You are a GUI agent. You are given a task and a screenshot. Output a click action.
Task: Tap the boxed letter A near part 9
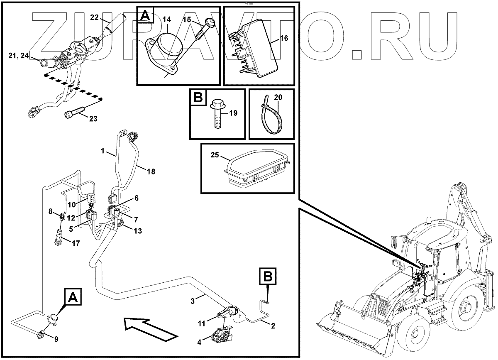coord(72,297)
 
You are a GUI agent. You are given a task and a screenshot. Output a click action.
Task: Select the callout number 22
coord(94,17)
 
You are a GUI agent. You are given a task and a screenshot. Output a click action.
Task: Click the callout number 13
coord(137,230)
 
